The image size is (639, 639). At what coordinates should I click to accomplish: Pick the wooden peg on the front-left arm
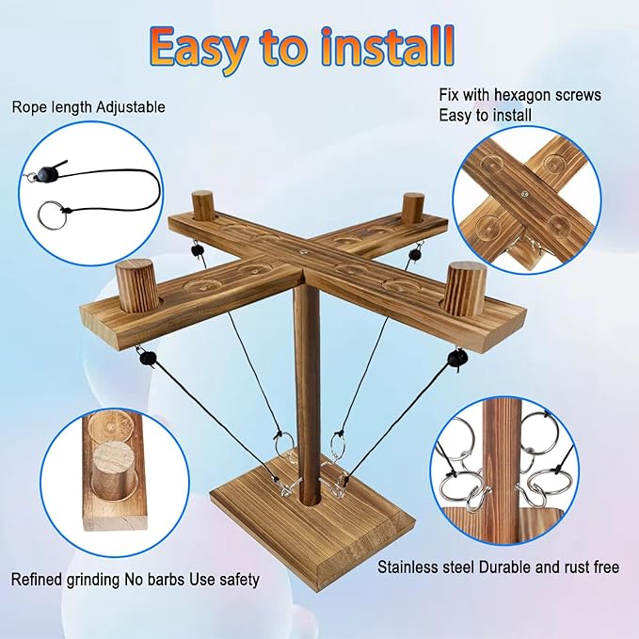pyautogui.click(x=137, y=286)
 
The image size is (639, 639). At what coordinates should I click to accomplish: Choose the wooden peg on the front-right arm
pyautogui.click(x=465, y=289)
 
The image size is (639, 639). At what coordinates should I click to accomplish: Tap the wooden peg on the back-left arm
pyautogui.click(x=204, y=205)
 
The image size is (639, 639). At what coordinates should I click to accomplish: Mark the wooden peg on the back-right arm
pyautogui.click(x=410, y=208)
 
